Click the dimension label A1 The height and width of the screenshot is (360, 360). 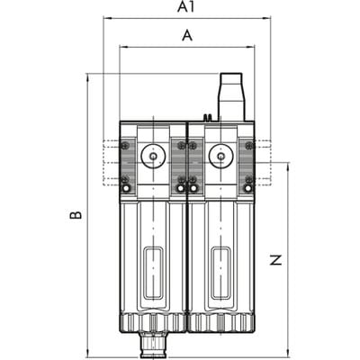click(x=186, y=7)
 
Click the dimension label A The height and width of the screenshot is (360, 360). click(x=187, y=35)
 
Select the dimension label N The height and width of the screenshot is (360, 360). click(x=276, y=260)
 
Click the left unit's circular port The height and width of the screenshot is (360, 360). click(x=153, y=156)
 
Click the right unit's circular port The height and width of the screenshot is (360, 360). click(x=221, y=156)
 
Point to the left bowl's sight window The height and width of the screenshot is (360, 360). click(x=153, y=273)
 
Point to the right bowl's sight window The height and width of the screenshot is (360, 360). click(x=221, y=273)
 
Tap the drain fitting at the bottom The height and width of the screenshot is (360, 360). click(x=153, y=345)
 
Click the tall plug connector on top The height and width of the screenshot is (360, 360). click(x=231, y=96)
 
